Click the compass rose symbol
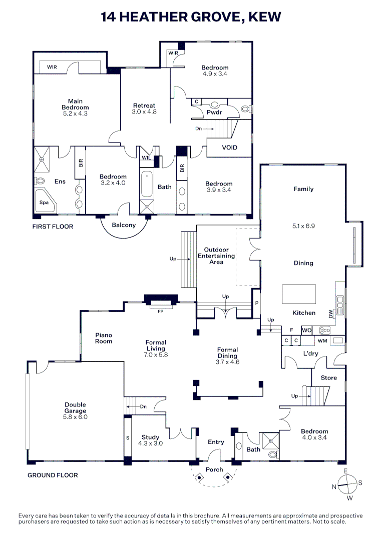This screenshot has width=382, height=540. pyautogui.click(x=346, y=483)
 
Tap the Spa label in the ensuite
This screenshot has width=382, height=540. pyautogui.click(x=45, y=203)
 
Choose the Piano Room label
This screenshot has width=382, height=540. pyautogui.click(x=104, y=338)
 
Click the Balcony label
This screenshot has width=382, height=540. pyautogui.click(x=124, y=225)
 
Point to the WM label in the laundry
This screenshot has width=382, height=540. pyautogui.click(x=322, y=341)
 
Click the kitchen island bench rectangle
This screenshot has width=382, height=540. pyautogui.click(x=299, y=294)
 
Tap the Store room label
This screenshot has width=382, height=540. pyautogui.click(x=329, y=378)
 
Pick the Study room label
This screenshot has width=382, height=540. pyautogui.click(x=150, y=437)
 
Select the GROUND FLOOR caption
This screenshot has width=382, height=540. pyautogui.click(x=53, y=475)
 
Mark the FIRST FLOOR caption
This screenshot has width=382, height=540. pyautogui.click(x=53, y=226)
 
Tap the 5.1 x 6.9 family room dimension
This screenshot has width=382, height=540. pyautogui.click(x=303, y=225)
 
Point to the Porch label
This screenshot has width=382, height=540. pyautogui.click(x=214, y=469)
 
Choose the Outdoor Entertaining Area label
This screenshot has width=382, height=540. pyautogui.click(x=216, y=255)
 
